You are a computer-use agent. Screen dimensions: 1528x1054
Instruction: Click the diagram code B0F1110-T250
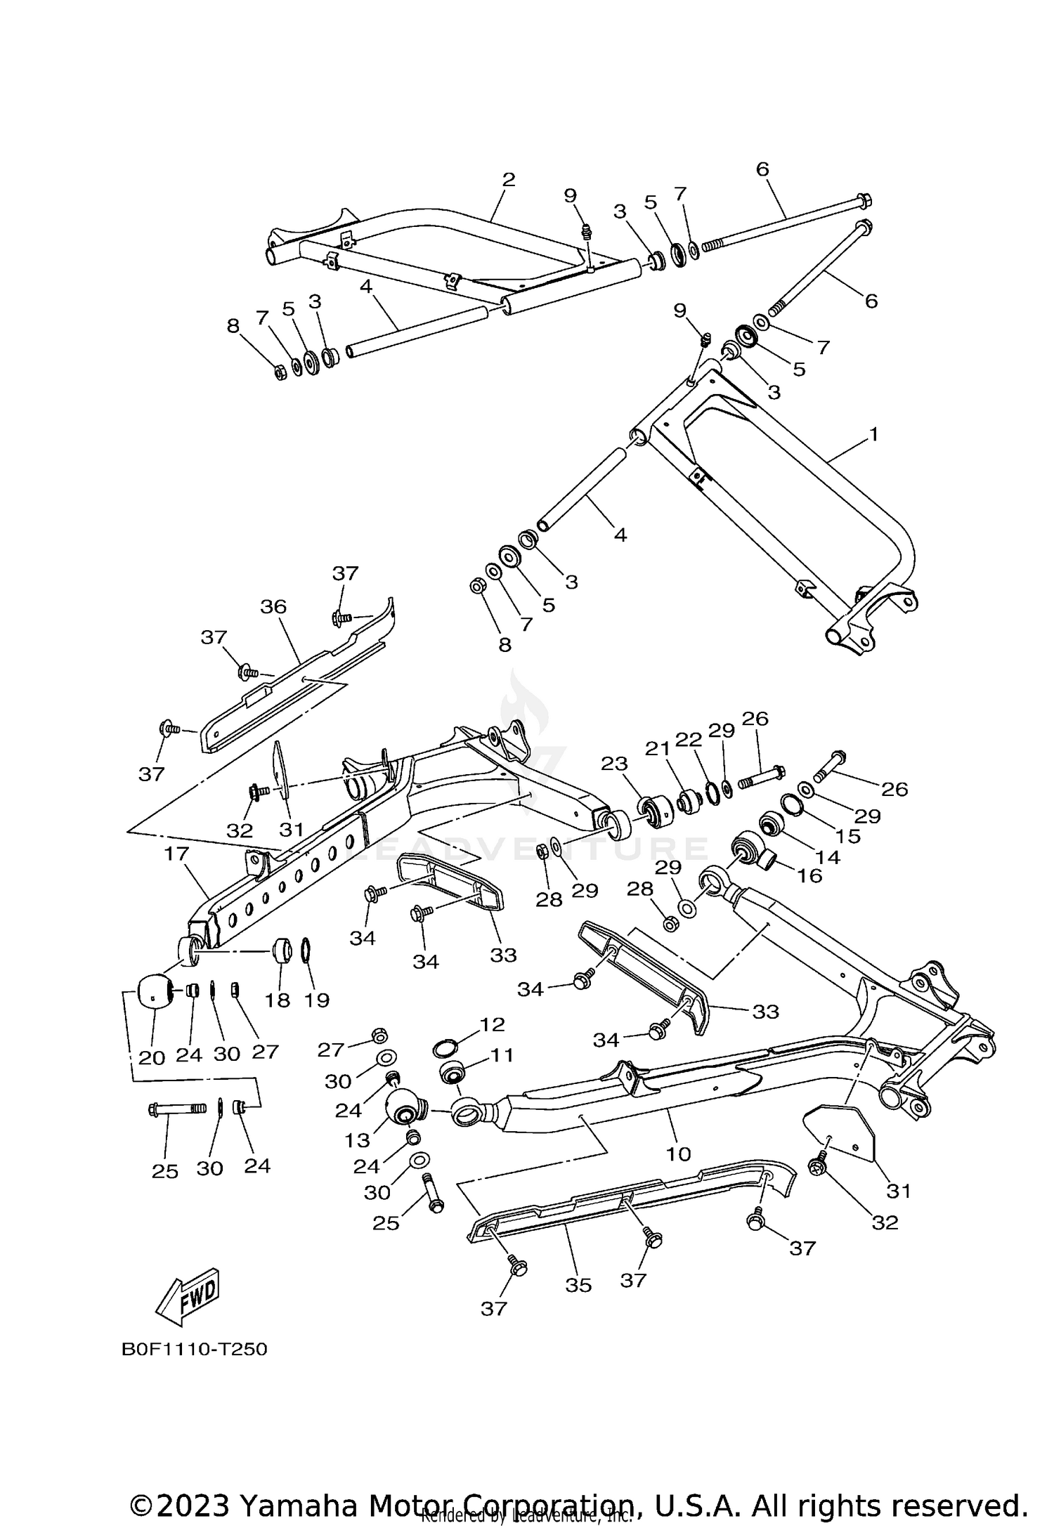tap(195, 1369)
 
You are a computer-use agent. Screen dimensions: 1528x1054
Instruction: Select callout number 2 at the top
tap(509, 179)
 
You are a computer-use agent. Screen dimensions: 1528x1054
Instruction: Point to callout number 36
tap(273, 606)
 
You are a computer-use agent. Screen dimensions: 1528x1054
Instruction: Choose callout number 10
tap(679, 1154)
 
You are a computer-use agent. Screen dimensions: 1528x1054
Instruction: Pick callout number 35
tap(578, 1285)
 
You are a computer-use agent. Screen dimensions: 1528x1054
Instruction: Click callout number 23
tap(614, 764)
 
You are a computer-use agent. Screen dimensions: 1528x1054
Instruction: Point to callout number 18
tap(278, 1000)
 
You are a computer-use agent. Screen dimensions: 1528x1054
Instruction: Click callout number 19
tap(317, 1000)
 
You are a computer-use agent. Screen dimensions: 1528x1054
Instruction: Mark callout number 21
tap(658, 750)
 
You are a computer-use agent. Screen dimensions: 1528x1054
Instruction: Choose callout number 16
tap(809, 875)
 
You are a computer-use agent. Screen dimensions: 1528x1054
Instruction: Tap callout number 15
tap(848, 836)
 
